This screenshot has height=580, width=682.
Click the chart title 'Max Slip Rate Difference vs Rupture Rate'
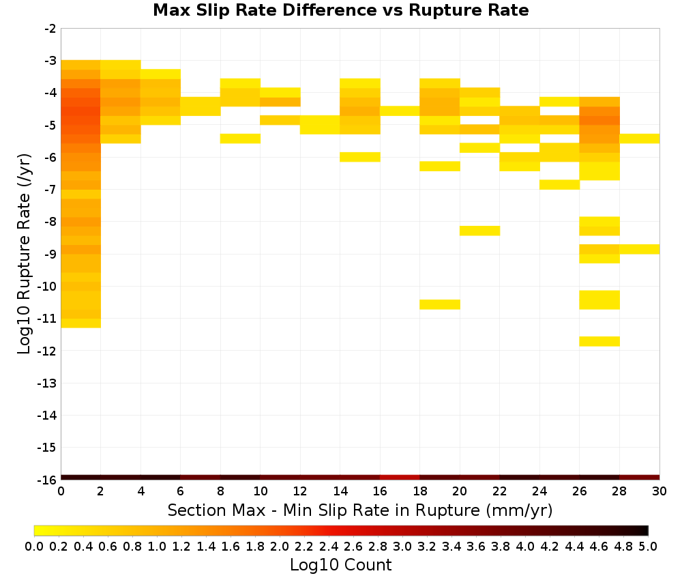(340, 10)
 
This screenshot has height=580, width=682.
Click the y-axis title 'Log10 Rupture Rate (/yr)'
(25, 254)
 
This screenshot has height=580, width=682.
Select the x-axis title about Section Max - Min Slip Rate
(359, 510)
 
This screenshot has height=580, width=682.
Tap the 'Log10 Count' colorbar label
(340, 565)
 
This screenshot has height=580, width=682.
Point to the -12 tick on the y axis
(47, 351)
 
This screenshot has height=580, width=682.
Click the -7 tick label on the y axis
(50, 190)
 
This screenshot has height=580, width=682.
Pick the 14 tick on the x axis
(340, 491)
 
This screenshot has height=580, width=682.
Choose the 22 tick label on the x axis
(500, 491)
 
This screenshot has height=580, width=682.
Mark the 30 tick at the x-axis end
(659, 491)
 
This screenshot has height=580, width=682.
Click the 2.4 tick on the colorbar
(329, 546)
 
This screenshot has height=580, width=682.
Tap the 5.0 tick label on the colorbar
(648, 546)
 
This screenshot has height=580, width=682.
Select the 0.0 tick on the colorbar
(34, 546)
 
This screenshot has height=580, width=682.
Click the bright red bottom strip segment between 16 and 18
(400, 478)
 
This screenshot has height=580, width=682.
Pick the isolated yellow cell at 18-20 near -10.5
(440, 304)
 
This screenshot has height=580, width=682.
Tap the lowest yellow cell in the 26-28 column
(599, 342)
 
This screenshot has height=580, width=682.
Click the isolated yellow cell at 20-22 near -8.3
(479, 231)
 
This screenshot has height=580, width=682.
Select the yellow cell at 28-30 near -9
(640, 249)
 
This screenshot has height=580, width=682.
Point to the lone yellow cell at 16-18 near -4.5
(400, 111)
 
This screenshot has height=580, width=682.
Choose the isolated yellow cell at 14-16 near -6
(360, 157)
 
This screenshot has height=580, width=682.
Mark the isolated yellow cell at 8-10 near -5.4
(240, 139)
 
